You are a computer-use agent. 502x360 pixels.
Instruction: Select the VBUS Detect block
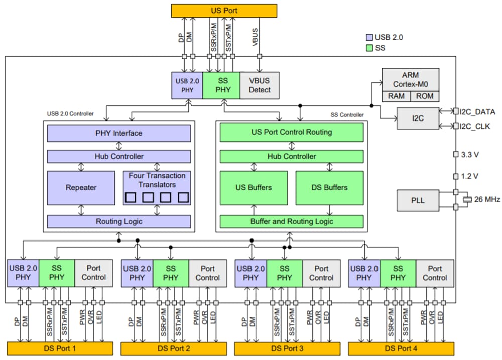click(x=259, y=85)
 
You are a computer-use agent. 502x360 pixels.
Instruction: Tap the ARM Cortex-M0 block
click(x=410, y=79)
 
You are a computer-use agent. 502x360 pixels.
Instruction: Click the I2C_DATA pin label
click(x=479, y=111)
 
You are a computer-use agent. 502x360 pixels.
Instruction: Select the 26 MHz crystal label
click(x=486, y=199)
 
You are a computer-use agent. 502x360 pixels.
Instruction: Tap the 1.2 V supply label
click(x=469, y=176)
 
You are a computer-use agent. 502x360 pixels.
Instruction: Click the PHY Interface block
click(x=119, y=133)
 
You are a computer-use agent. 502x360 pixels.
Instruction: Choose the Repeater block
click(x=81, y=188)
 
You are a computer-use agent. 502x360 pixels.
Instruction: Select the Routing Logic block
click(x=119, y=221)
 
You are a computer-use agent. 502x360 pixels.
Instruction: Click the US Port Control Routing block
click(x=292, y=133)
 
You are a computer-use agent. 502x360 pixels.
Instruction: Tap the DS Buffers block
click(x=329, y=188)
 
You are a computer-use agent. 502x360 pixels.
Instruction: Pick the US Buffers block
click(x=254, y=188)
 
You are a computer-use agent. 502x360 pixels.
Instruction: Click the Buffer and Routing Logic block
click(x=292, y=221)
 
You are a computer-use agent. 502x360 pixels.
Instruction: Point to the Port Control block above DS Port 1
click(x=93, y=273)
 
